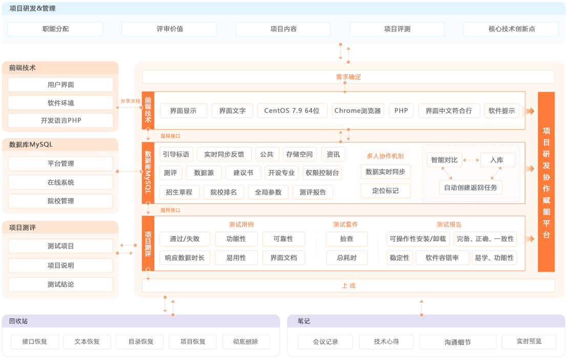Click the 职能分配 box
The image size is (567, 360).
point(55,29)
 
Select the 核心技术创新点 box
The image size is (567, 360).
point(511,29)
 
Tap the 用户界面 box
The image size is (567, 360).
point(60,85)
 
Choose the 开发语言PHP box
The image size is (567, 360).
point(60,121)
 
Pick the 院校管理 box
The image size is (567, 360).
point(60,201)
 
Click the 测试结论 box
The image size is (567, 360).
point(60,285)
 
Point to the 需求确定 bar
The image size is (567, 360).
point(348,77)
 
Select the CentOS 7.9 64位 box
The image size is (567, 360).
point(291,111)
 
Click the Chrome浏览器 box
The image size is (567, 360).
point(358,111)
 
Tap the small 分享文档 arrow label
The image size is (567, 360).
point(130,101)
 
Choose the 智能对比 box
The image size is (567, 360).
point(444,160)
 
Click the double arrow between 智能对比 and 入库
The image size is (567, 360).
point(471,160)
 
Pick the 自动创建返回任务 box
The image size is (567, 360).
point(470,187)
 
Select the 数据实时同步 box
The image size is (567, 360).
point(385,172)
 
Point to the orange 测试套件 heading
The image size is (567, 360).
point(345,224)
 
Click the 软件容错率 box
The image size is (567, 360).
point(442,258)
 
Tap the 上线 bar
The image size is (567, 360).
point(348,286)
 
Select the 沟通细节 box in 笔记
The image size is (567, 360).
point(457,342)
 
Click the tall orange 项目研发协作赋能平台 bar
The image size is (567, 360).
point(546,182)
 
